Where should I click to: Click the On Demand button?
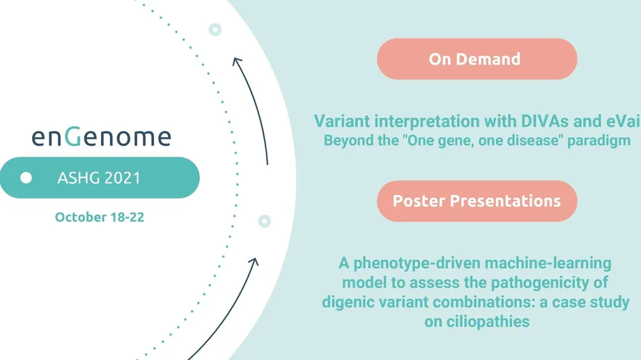click(477, 59)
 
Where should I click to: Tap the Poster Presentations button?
click(477, 201)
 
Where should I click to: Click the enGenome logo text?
click(102, 136)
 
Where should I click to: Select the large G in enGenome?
click(73, 136)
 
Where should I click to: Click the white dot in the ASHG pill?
click(26, 178)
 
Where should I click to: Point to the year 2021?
click(123, 178)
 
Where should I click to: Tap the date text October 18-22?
click(100, 217)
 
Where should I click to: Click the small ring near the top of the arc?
click(215, 29)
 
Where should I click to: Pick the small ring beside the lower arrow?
click(265, 221)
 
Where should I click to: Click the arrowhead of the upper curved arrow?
click(237, 62)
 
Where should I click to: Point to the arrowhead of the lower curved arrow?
click(254, 263)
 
